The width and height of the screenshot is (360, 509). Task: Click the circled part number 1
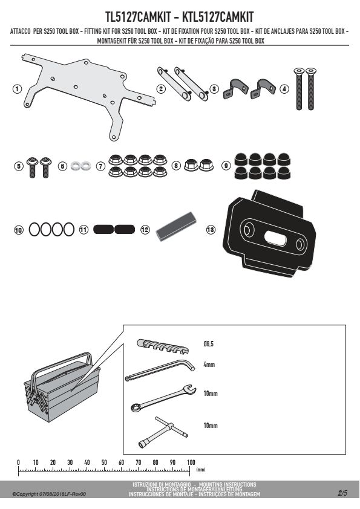17,89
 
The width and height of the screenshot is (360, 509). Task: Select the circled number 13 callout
211,230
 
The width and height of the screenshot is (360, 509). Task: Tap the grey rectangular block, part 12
177,226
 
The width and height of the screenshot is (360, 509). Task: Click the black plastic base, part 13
269,233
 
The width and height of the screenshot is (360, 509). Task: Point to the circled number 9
226,166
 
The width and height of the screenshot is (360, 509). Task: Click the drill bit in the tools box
163,346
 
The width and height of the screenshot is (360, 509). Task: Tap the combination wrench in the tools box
163,398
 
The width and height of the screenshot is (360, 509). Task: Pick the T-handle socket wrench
163,432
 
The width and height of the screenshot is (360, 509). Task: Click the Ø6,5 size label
209,344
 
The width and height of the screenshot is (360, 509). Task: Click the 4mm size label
209,365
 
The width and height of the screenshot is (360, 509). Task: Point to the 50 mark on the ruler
104,462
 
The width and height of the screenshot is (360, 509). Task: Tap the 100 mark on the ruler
191,462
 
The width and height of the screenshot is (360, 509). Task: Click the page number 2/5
342,493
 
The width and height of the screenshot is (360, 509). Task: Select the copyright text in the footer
49,494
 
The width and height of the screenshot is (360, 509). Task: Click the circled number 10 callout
19,230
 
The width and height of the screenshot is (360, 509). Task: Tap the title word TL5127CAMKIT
139,17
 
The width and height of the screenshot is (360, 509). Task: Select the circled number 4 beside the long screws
284,89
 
